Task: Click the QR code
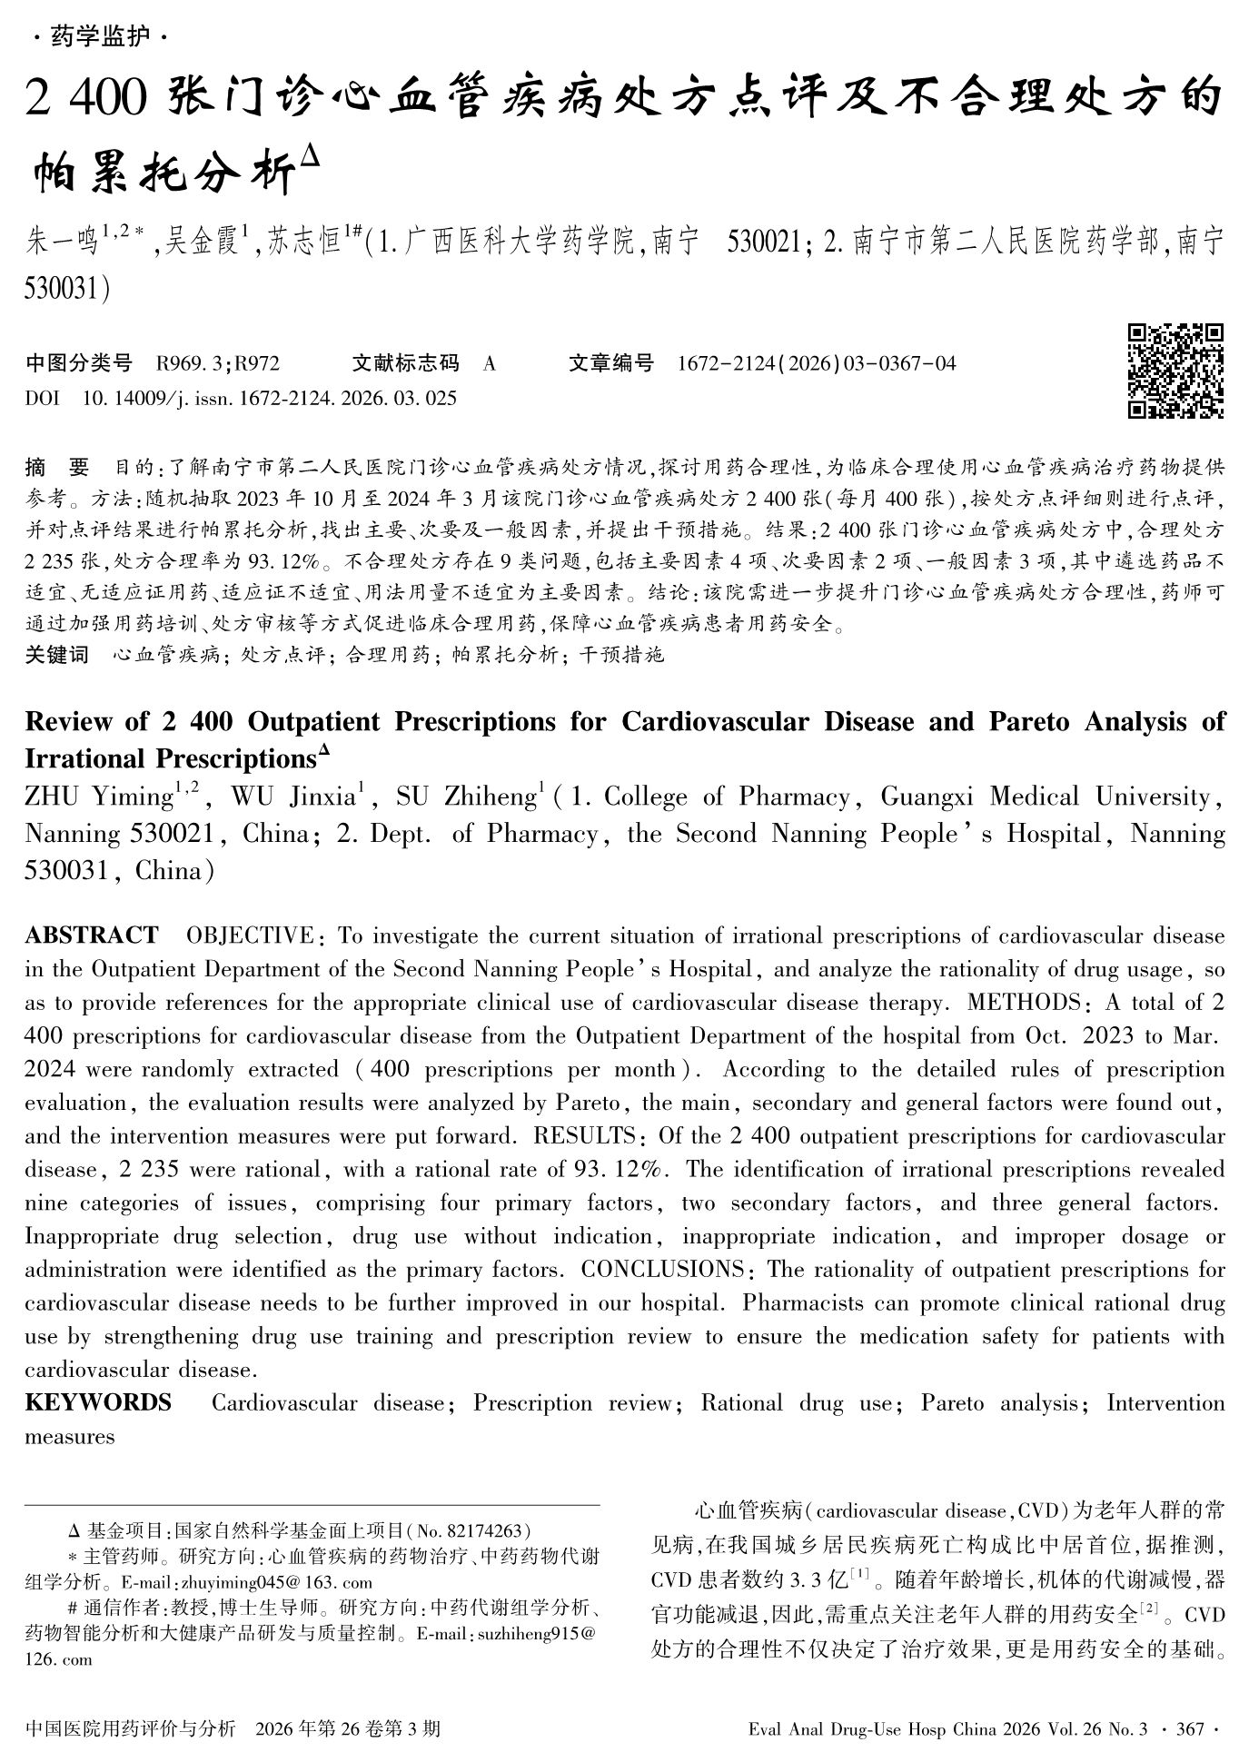point(1175,371)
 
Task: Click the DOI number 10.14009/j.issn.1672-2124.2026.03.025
point(269,398)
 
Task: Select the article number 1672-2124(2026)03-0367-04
point(817,364)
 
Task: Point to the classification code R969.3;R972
point(218,364)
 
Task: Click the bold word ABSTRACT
point(92,935)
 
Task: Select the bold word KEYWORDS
point(98,1403)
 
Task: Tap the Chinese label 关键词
point(56,654)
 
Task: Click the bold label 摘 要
point(57,468)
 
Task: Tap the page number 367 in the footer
point(1189,1729)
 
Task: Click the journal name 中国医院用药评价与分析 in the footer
point(132,1729)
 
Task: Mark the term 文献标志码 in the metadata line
point(406,364)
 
